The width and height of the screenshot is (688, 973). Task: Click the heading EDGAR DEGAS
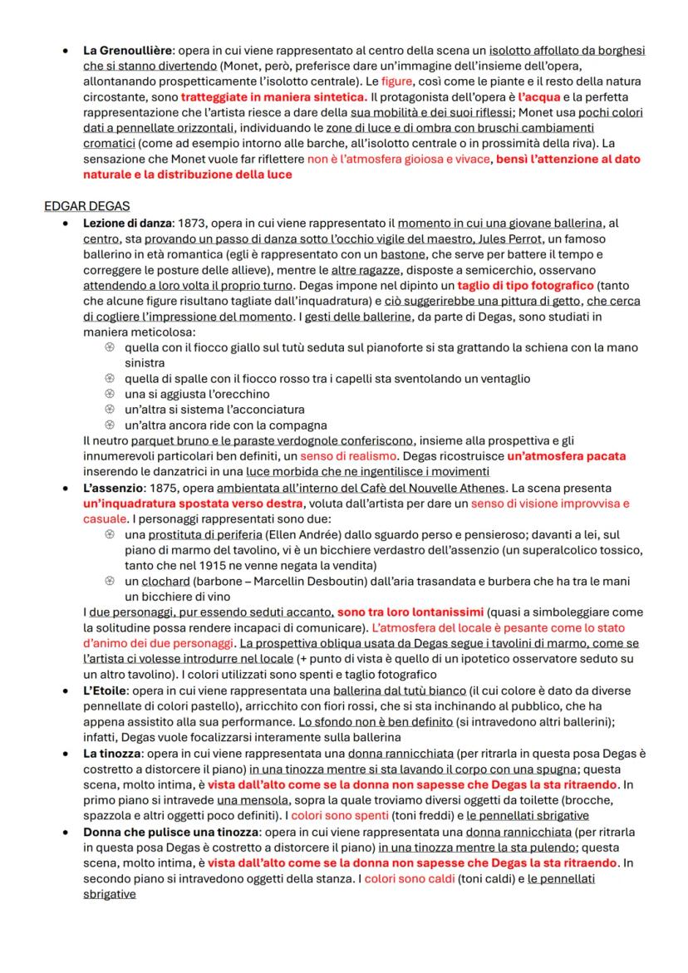pos(86,206)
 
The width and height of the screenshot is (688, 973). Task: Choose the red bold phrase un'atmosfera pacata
pos(566,456)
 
